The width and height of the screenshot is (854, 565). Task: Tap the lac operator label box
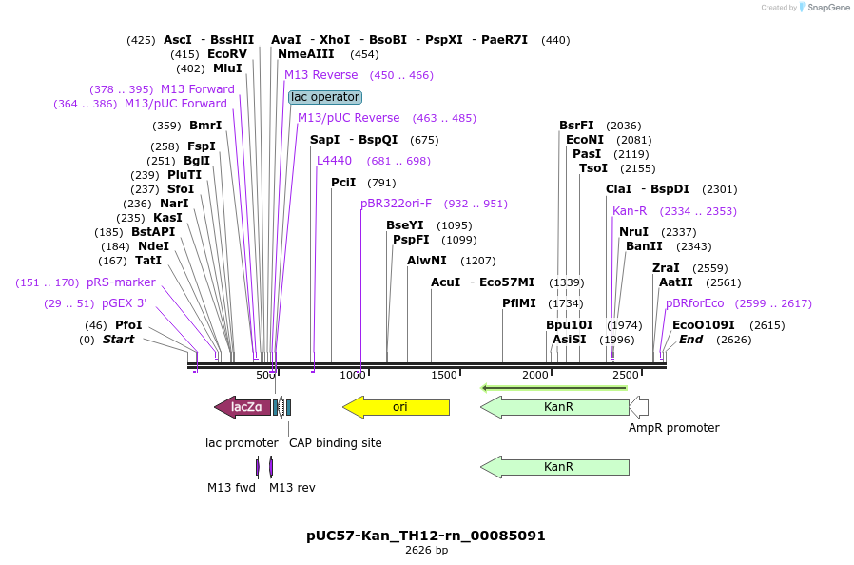click(325, 97)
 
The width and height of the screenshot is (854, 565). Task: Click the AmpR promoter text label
click(673, 428)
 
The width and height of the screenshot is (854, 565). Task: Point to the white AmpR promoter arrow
click(639, 407)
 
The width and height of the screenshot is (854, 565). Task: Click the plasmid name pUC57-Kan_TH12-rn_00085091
click(426, 536)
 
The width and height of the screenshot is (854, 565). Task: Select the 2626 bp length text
click(426, 551)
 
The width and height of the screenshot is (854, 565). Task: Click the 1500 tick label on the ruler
click(444, 376)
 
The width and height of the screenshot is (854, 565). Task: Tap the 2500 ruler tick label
click(625, 376)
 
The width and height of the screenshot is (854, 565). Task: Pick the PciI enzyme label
click(343, 183)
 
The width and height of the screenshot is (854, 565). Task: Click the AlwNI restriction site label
click(426, 261)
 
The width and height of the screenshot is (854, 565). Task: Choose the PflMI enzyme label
click(519, 303)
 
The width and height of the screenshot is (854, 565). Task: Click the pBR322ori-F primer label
click(396, 204)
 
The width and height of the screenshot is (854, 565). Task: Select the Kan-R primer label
click(630, 211)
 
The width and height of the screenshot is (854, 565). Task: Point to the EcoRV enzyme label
click(226, 54)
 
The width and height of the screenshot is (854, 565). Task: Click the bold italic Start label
click(118, 340)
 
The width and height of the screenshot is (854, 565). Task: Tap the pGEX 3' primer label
click(124, 303)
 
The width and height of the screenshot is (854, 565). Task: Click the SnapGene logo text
click(826, 8)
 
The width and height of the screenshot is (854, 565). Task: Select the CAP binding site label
click(335, 443)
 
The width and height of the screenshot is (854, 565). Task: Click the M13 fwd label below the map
click(231, 488)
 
